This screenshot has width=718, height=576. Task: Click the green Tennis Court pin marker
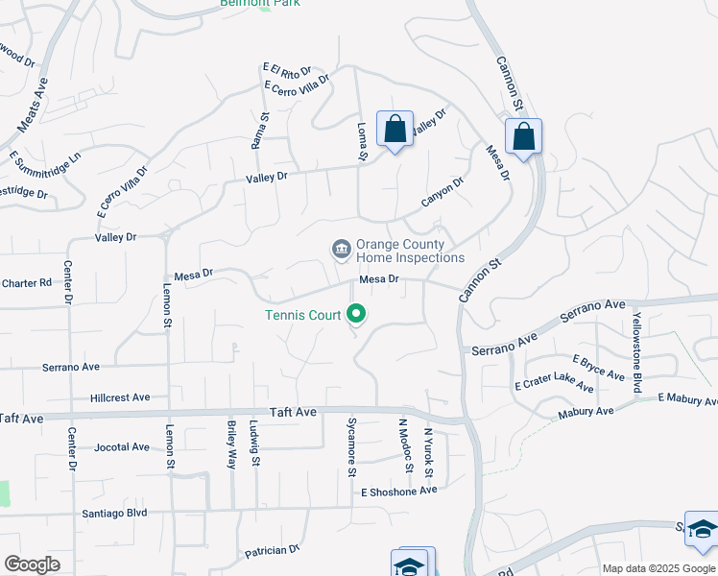(357, 314)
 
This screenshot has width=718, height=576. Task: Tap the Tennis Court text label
(302, 315)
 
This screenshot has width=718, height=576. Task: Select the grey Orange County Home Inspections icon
(341, 251)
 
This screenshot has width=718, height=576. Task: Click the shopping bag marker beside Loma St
(395, 130)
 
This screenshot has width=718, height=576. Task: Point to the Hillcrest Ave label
(120, 396)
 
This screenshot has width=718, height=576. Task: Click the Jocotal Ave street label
(123, 447)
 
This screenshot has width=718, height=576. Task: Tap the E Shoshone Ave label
(398, 490)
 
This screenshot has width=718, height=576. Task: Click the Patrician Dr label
(273, 550)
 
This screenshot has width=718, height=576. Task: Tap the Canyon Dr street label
(443, 191)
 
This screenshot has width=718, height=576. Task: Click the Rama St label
(256, 130)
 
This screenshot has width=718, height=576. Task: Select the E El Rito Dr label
(286, 71)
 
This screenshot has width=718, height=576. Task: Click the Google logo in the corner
(32, 564)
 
